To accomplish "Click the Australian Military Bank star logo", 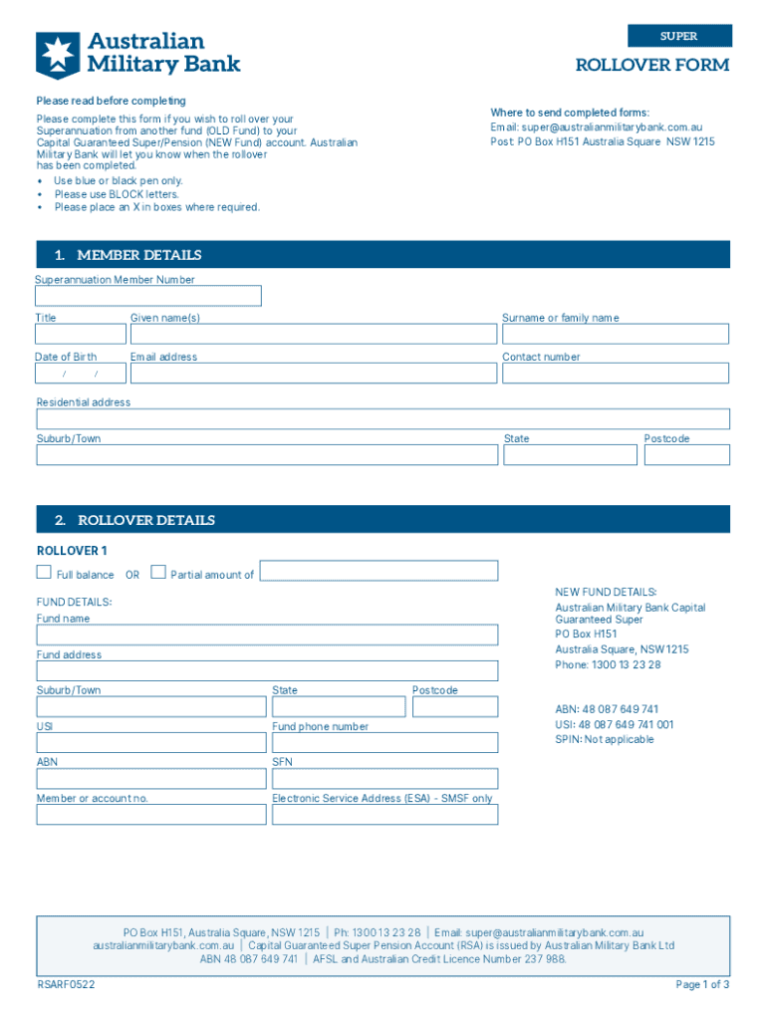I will point(58,54).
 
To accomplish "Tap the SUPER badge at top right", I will point(679,36).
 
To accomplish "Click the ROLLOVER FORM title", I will point(651,66).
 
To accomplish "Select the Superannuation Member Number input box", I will point(148,296).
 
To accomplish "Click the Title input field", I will point(81,335).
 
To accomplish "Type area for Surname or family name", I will point(615,335).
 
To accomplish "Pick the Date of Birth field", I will point(81,374).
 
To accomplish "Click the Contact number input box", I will point(615,374).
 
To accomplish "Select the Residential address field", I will point(383,418).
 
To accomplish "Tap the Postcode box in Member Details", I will point(686,454).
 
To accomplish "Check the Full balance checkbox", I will point(44,572).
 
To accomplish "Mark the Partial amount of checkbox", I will point(158,572).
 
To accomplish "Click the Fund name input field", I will point(267,635).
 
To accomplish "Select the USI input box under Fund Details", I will point(151,742).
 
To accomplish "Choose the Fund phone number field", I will point(384,742).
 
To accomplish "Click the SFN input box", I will point(384,778).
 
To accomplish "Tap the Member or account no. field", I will point(151,814).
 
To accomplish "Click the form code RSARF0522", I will point(66,985).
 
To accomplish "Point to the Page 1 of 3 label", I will point(702,985).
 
